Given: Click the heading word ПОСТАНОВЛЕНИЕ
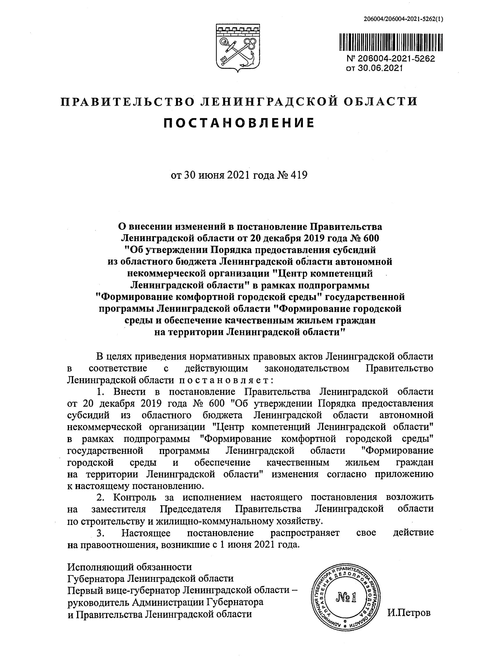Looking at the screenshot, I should pyautogui.click(x=238, y=123).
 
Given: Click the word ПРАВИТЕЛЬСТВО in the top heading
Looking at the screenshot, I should pyautogui.click(x=127, y=101).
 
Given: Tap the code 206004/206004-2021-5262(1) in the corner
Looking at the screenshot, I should pyautogui.click(x=403, y=19).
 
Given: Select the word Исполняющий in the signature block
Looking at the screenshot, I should pyautogui.click(x=97, y=567).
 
